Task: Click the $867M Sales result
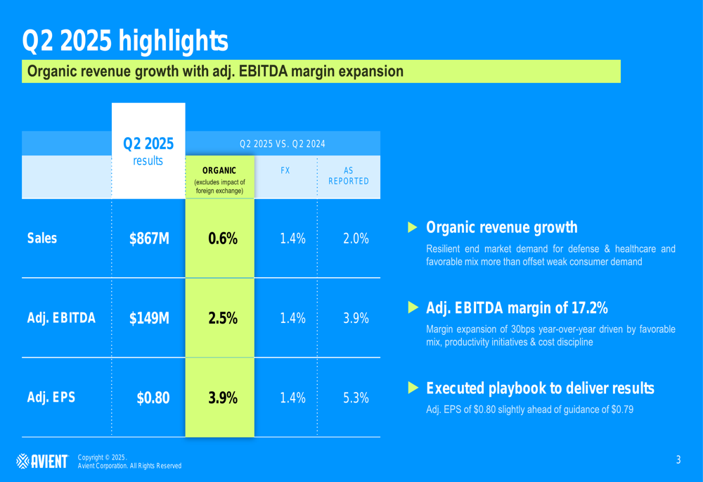pyautogui.click(x=149, y=239)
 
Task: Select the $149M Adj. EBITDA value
pyautogui.click(x=149, y=318)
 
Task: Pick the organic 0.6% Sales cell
pyautogui.click(x=223, y=239)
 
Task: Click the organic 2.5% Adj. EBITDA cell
pyautogui.click(x=223, y=318)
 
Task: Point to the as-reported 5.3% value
pyautogui.click(x=356, y=398)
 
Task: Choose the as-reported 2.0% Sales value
pyautogui.click(x=356, y=239)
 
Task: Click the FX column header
pyautogui.click(x=285, y=171)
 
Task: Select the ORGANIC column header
pyautogui.click(x=219, y=171)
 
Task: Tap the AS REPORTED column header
pyautogui.click(x=349, y=176)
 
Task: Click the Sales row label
pyautogui.click(x=42, y=239)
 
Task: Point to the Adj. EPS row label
pyautogui.click(x=51, y=398)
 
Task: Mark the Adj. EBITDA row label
pyautogui.click(x=61, y=318)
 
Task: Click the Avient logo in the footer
pyautogui.click(x=42, y=462)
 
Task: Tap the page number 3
pyautogui.click(x=678, y=460)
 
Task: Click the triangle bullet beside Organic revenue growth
pyautogui.click(x=413, y=227)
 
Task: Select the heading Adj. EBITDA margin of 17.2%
pyautogui.click(x=517, y=308)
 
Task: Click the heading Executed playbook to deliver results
pyautogui.click(x=540, y=388)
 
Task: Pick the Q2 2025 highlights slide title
pyautogui.click(x=125, y=40)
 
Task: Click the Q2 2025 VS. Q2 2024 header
pyautogui.click(x=283, y=144)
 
